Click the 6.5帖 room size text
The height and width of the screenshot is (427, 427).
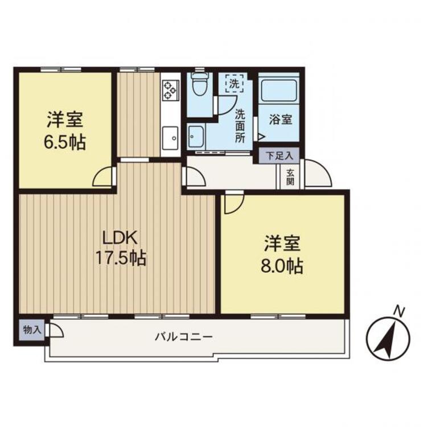65,142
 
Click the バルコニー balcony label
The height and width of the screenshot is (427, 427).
184,336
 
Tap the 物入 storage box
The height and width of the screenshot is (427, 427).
31,330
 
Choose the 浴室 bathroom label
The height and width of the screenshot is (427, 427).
281,120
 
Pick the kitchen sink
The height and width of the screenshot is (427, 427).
170,137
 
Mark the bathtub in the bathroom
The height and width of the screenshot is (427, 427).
279,91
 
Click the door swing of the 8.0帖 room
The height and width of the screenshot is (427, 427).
232,204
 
